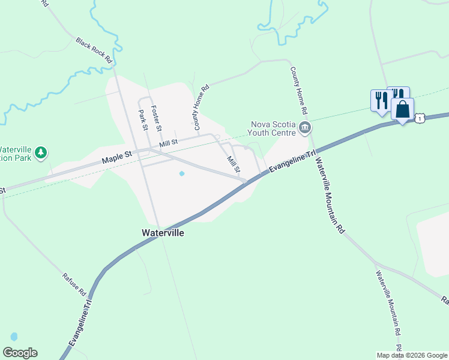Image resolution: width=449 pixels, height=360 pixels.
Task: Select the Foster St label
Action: (x=157, y=118)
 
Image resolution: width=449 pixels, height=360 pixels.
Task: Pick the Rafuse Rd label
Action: (x=74, y=285)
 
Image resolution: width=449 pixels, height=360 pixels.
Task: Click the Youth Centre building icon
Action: (x=304, y=128)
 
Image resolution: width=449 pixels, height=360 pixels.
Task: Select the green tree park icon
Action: (x=41, y=152)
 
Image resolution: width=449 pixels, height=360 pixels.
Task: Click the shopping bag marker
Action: (x=402, y=110)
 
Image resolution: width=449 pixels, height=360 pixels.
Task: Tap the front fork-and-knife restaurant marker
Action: (x=381, y=100)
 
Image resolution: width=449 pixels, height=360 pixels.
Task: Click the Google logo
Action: (x=20, y=353)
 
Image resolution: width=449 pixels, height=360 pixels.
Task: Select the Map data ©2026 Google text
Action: (x=411, y=355)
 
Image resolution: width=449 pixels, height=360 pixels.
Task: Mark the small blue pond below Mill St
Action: (x=182, y=174)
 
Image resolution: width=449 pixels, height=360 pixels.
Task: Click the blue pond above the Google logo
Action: (x=14, y=337)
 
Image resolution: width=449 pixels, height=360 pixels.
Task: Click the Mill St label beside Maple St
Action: (x=169, y=143)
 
